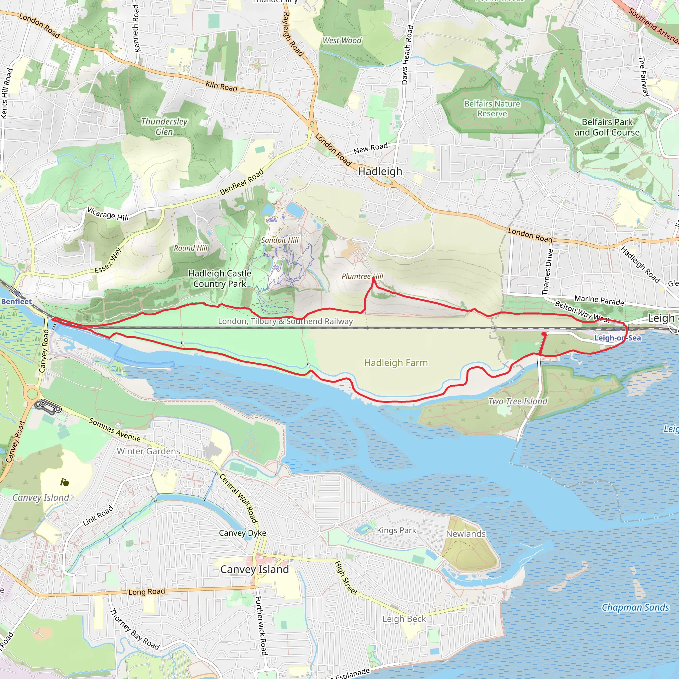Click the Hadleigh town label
(380, 171)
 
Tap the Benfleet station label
(16, 302)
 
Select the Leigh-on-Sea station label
(617, 338)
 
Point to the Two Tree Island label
(518, 401)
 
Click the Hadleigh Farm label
(396, 363)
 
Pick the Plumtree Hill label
(362, 276)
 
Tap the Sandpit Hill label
(280, 240)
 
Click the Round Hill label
(191, 248)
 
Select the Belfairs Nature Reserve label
(492, 109)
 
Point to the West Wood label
(342, 40)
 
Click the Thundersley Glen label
(164, 127)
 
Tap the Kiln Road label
(221, 86)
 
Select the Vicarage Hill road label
(107, 214)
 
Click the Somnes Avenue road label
(115, 430)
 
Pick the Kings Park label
(396, 530)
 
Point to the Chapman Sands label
(636, 608)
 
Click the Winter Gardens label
(148, 451)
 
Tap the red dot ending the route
(544, 334)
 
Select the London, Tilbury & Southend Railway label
(285, 321)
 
